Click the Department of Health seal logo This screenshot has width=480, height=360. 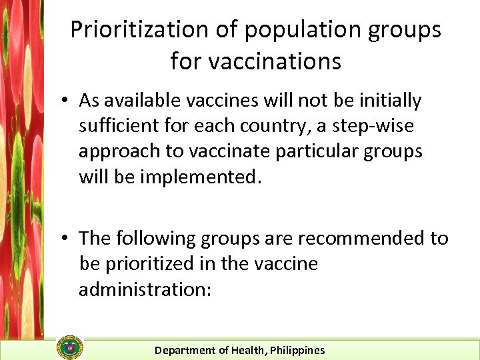(x=71, y=347)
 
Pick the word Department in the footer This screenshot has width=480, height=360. (x=185, y=350)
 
